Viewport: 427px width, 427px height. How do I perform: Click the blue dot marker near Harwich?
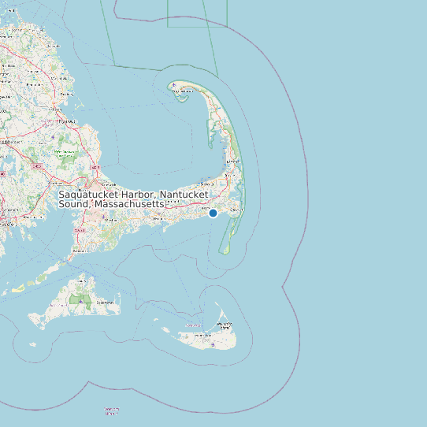click(x=213, y=213)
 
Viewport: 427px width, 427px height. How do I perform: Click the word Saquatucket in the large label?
click(x=89, y=194)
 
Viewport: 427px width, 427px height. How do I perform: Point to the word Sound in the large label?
click(x=74, y=204)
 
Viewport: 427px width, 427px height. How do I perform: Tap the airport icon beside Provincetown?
click(x=173, y=85)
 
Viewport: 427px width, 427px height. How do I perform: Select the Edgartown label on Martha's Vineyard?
click(x=103, y=303)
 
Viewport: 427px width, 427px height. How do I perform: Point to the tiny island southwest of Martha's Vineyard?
click(x=32, y=343)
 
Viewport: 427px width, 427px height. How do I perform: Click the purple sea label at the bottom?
click(x=112, y=410)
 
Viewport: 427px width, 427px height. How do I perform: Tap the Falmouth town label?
click(x=77, y=251)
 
